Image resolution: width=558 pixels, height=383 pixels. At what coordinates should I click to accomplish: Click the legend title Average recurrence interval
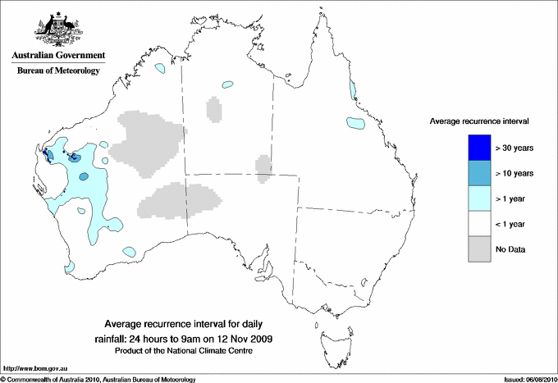pos(479,121)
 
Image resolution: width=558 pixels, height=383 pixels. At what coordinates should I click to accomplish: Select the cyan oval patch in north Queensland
pos(354,123)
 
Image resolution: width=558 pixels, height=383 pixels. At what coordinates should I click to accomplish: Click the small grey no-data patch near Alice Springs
pos(263,166)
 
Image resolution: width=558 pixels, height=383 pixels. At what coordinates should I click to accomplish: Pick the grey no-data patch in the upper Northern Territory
pos(214,109)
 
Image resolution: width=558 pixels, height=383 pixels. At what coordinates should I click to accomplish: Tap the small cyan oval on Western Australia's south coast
pos(129,251)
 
